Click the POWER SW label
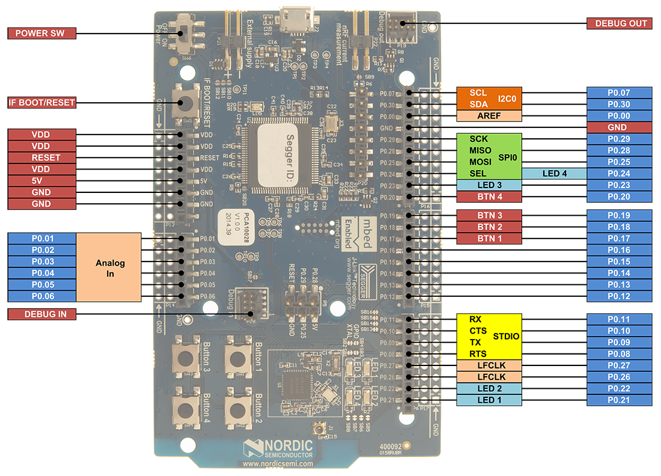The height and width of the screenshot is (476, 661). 42,34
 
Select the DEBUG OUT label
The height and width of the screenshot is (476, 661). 619,23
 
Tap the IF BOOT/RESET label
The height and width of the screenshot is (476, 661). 42,103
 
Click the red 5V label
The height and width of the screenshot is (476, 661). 42,181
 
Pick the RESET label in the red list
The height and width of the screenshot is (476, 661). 42,157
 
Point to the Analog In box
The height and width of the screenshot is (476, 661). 110,268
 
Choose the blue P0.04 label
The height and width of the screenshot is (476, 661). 43,273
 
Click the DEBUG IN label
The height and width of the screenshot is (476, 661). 42,314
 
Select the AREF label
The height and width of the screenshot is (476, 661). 489,116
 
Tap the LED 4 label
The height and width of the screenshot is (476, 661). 554,174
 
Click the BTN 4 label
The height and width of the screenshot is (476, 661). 489,197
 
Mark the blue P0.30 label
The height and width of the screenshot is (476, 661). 619,104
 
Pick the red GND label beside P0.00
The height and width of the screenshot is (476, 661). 619,127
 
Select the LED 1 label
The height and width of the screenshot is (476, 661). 489,400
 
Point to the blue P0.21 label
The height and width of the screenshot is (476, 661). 619,400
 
